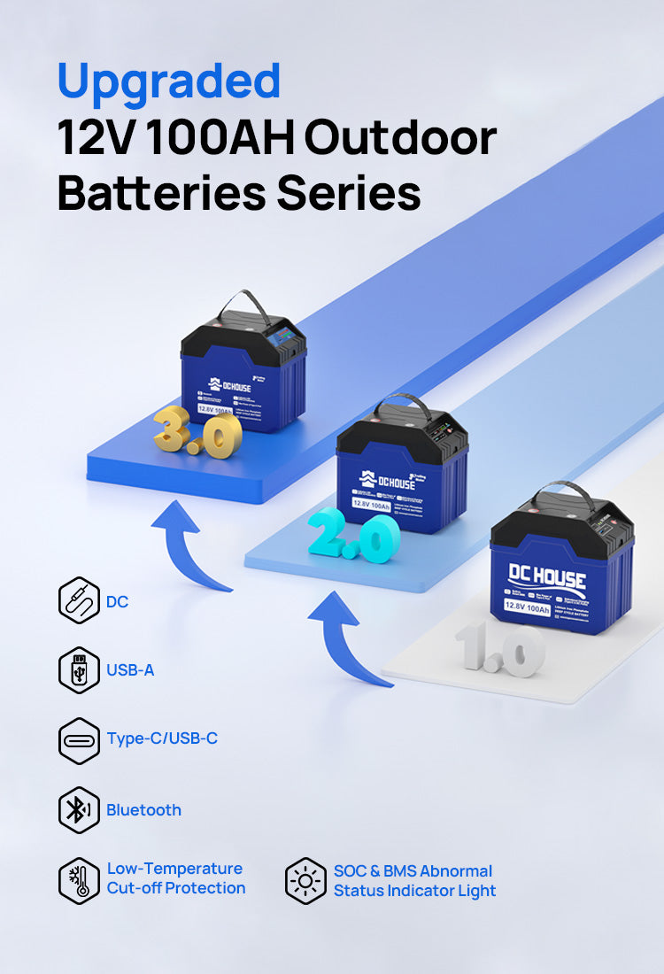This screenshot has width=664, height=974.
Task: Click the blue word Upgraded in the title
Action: (168, 81)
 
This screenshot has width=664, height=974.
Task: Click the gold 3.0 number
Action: (197, 433)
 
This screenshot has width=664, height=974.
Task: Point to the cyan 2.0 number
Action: (353, 537)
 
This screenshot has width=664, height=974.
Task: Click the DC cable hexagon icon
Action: (79, 601)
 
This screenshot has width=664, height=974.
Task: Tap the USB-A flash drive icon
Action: (79, 670)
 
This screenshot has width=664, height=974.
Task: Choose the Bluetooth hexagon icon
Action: (79, 809)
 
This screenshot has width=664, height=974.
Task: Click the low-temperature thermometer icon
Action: (79, 879)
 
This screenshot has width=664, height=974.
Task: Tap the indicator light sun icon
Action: (306, 880)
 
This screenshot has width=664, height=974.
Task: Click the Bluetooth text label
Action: (143, 809)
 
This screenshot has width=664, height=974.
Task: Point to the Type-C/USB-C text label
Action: (162, 738)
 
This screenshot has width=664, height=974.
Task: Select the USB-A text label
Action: (130, 670)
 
